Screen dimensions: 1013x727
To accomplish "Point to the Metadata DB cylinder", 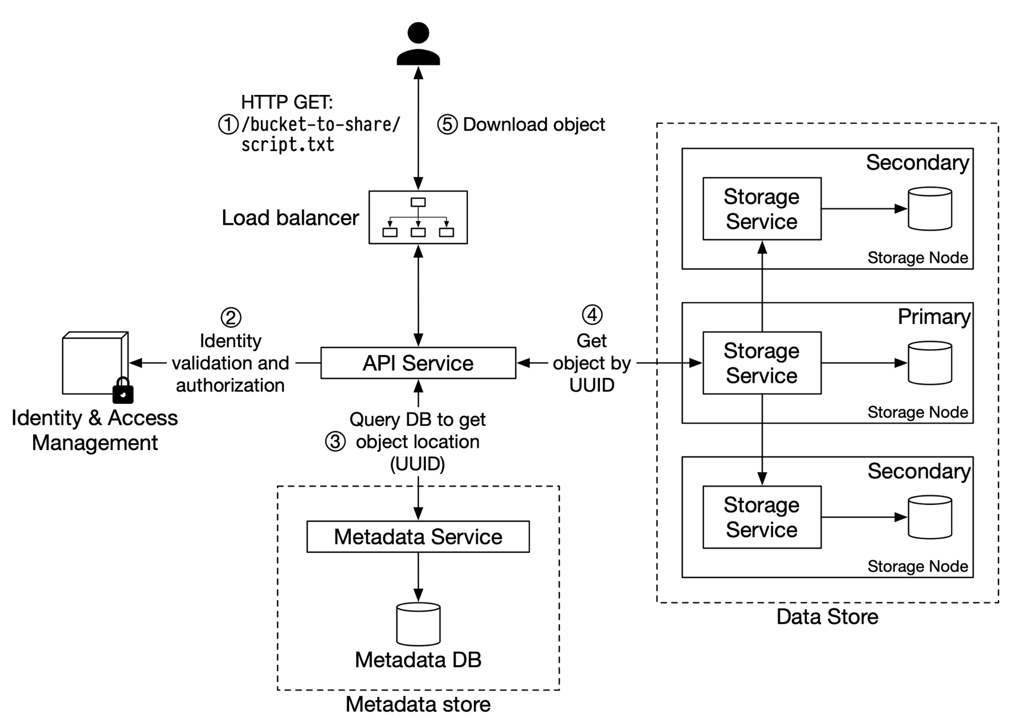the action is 418,624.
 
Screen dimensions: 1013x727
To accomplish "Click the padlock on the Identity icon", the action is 123,390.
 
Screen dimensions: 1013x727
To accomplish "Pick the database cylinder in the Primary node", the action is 930,363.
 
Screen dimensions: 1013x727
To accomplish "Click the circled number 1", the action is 228,125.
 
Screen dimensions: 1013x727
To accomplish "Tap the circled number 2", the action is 231,318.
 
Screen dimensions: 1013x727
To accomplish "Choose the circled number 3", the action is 335,442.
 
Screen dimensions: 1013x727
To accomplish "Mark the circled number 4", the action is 592,315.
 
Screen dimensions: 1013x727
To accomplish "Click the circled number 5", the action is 447,125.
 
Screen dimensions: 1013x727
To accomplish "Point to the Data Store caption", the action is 827,617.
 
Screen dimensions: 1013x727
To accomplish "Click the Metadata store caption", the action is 418,704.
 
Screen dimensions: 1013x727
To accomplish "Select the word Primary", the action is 934,317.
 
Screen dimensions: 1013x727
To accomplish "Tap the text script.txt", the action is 288,145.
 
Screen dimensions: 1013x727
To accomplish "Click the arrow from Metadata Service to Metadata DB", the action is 418,577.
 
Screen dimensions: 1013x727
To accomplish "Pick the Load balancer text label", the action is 290,217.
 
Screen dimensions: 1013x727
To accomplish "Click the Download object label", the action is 534,125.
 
